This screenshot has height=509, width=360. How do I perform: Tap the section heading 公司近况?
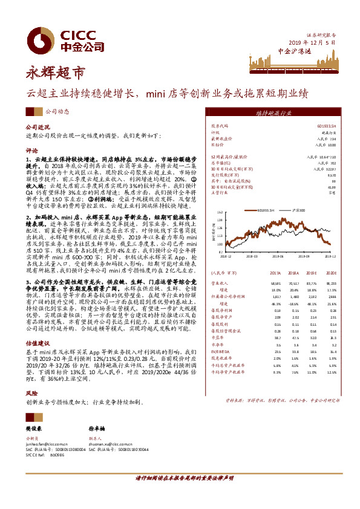pos(36,128)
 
